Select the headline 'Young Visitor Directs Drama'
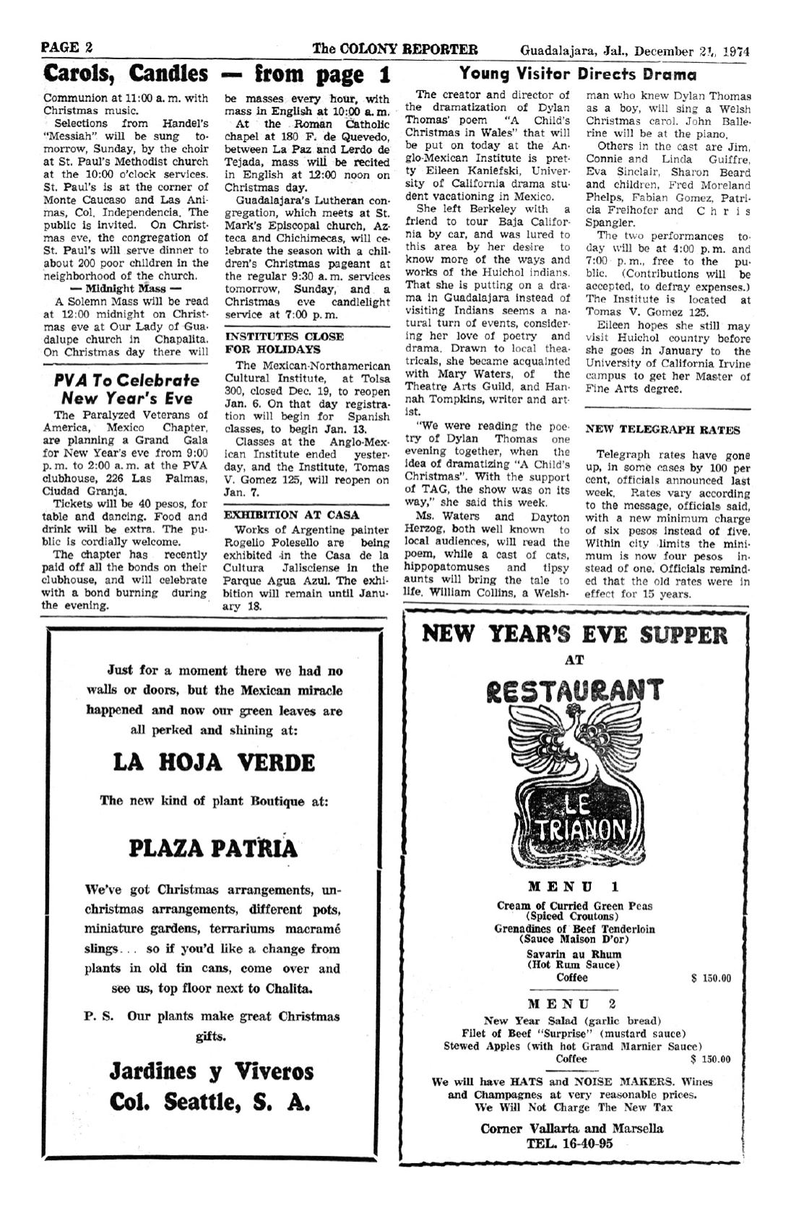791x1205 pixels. [578, 74]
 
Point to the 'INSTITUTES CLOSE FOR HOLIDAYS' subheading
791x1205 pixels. [284, 342]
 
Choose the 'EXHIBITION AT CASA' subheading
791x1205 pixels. [282, 514]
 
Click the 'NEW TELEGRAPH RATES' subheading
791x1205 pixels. [662, 430]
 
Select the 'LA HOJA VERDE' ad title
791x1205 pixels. [214, 762]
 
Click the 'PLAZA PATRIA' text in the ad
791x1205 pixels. [213, 847]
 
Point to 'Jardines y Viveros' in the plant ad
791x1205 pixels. [212, 1071]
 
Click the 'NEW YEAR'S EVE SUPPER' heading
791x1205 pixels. [574, 635]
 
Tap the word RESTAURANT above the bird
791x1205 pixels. [574, 691]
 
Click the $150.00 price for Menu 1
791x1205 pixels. [711, 978]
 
